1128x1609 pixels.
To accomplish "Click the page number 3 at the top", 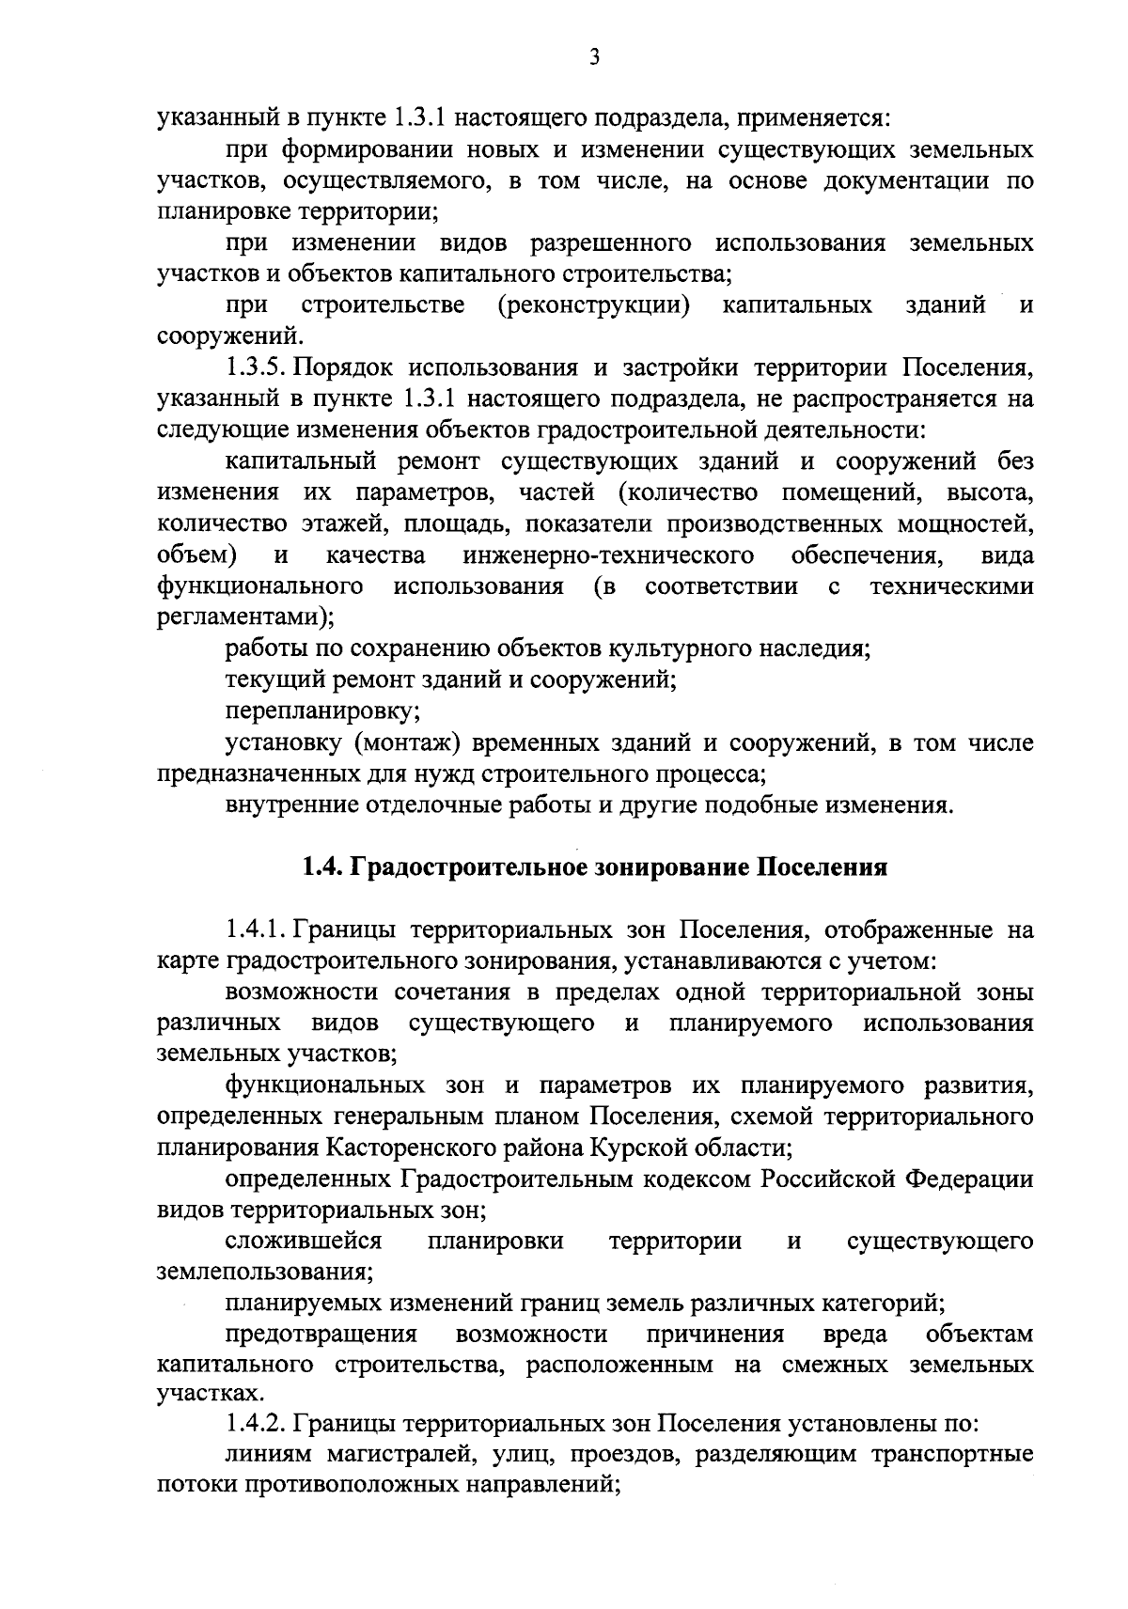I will (593, 58).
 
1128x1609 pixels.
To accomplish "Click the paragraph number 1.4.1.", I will (257, 930).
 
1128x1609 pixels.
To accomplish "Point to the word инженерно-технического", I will (608, 555).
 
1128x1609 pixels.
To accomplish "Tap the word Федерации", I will (969, 1179).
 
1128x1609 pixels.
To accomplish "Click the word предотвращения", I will (321, 1335).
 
